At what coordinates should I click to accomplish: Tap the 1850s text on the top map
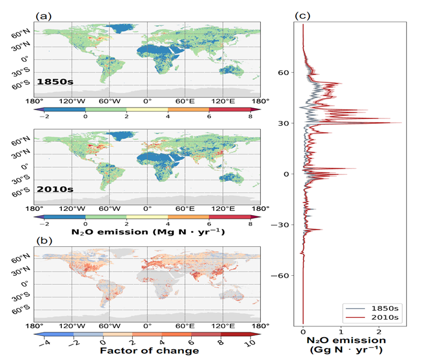click(x=54, y=81)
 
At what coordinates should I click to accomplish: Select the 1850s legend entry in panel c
click(x=379, y=305)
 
